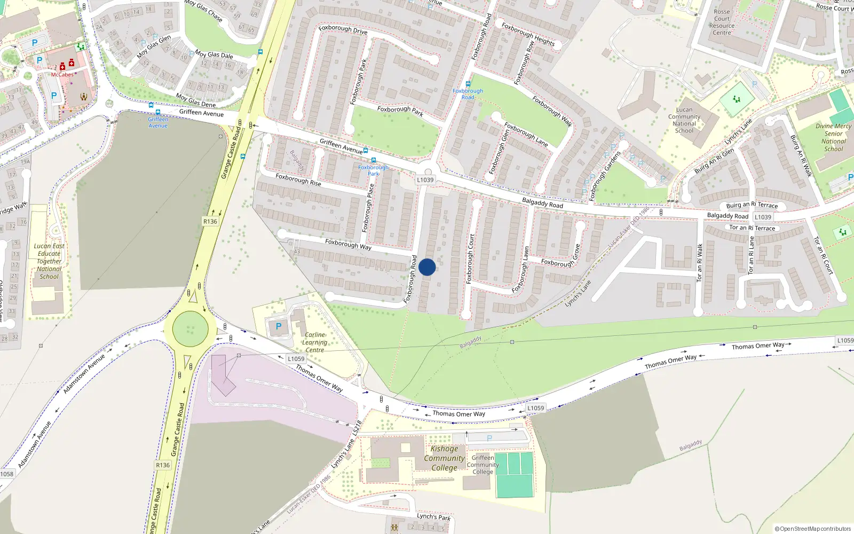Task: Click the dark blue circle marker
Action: [427, 267]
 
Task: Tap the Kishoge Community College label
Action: [444, 458]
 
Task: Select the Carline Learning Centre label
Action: [315, 342]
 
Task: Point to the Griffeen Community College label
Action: [483, 465]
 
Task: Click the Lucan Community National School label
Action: [684, 120]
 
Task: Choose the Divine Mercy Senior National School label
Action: [833, 138]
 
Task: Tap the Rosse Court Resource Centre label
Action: [722, 22]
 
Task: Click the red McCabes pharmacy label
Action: [62, 75]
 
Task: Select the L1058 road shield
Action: [6, 474]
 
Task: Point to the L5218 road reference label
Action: [357, 427]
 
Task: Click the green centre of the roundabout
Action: [190, 328]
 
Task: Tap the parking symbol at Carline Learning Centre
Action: [278, 326]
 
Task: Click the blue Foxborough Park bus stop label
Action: [373, 170]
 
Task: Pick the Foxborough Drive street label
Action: [343, 29]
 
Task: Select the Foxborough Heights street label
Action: [528, 34]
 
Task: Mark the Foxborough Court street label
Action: [470, 258]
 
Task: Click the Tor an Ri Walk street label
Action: [700, 263]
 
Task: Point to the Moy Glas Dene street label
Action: [196, 101]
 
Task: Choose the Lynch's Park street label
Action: [433, 517]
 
